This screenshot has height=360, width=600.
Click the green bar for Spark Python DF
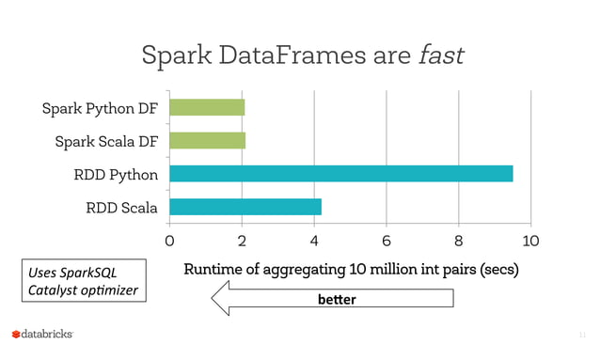pyautogui.click(x=207, y=107)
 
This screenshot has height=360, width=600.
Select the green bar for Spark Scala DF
pyautogui.click(x=207, y=140)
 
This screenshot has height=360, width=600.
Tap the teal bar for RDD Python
pyautogui.click(x=340, y=173)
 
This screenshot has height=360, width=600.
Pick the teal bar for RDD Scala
pyautogui.click(x=245, y=206)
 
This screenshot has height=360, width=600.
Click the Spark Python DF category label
pyautogui.click(x=100, y=108)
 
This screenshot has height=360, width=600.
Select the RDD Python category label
pyautogui.click(x=116, y=174)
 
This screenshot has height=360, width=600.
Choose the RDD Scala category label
pyautogui.click(x=120, y=207)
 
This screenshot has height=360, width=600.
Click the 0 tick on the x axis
pyautogui.click(x=169, y=241)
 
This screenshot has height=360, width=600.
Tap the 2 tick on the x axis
pyautogui.click(x=242, y=241)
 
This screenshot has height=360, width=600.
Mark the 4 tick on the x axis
pyautogui.click(x=314, y=241)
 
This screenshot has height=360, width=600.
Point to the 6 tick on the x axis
pyautogui.click(x=387, y=241)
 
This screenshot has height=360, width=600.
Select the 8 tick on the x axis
pyautogui.click(x=459, y=241)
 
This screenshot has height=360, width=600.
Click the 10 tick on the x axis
pyautogui.click(x=530, y=241)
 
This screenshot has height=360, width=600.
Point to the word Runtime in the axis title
pyautogui.click(x=215, y=270)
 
